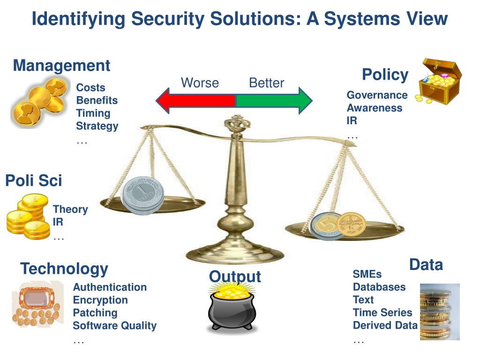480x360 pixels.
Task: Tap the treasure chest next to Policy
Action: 440,81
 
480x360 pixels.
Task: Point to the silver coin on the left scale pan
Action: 142,195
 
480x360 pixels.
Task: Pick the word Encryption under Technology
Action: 100,300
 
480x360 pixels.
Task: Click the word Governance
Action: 377,95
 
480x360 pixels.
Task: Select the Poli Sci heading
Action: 34,180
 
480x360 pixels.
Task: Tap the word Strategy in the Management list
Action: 97,126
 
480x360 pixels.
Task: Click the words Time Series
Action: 382,313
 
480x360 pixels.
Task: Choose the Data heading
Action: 426,265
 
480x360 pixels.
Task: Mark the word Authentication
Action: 110,287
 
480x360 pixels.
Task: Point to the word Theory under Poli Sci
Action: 70,210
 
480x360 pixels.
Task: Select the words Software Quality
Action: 115,326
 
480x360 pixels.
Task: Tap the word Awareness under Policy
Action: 374,108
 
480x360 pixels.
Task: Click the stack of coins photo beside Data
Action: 439,312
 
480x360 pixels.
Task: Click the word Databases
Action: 379,287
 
